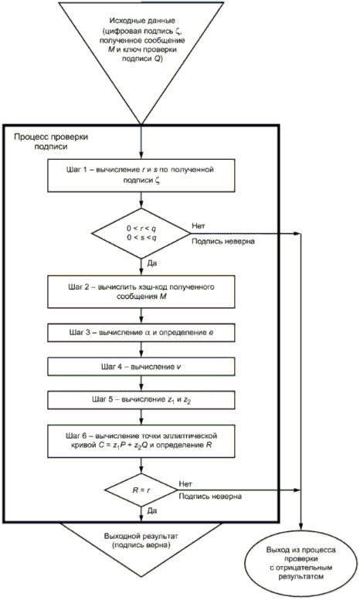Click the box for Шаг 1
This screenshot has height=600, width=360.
pyautogui.click(x=141, y=175)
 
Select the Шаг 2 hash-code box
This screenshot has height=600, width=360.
pyautogui.click(x=141, y=291)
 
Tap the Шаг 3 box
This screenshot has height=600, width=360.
pyautogui.click(x=141, y=333)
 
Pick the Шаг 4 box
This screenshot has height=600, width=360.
pyautogui.click(x=141, y=367)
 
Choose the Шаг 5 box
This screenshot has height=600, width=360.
pyautogui.click(x=141, y=400)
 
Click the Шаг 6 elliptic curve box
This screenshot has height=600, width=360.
pyautogui.click(x=141, y=441)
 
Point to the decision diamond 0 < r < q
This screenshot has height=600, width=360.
pyautogui.click(x=141, y=233)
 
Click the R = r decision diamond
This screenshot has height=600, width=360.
pyautogui.click(x=141, y=490)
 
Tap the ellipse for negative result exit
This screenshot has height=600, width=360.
pyautogui.click(x=301, y=563)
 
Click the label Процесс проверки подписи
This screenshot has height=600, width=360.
pyautogui.click(x=51, y=141)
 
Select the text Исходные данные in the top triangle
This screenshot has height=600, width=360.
pyautogui.click(x=142, y=21)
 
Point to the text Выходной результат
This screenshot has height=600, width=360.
pyautogui.click(x=141, y=536)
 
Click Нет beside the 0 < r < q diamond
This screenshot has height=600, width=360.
pyautogui.click(x=199, y=225)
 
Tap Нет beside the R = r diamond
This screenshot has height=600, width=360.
pyautogui.click(x=185, y=484)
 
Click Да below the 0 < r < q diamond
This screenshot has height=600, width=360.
pyautogui.click(x=151, y=263)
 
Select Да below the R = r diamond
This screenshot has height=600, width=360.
pyautogui.click(x=151, y=511)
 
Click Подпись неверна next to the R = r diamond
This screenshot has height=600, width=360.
pyautogui.click(x=210, y=497)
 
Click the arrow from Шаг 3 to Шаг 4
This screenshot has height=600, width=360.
pyautogui.click(x=141, y=350)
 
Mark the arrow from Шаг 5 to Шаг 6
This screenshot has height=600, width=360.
pyautogui.click(x=141, y=417)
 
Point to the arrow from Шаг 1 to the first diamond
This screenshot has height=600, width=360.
pyautogui.click(x=141, y=200)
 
